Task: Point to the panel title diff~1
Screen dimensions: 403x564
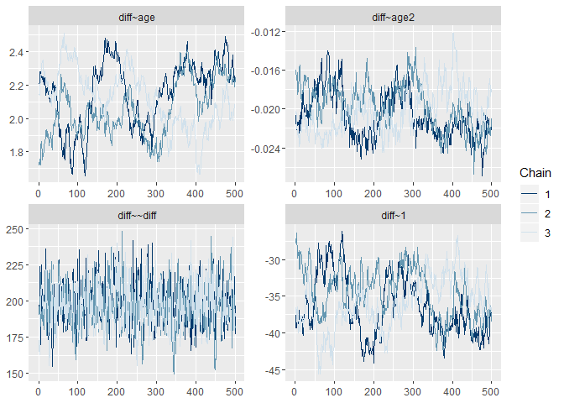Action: click(394, 216)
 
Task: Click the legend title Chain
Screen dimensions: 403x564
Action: click(535, 172)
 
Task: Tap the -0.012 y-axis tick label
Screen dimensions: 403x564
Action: click(268, 32)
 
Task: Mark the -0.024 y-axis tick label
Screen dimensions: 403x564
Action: click(268, 149)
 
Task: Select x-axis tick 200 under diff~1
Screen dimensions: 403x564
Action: click(373, 390)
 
